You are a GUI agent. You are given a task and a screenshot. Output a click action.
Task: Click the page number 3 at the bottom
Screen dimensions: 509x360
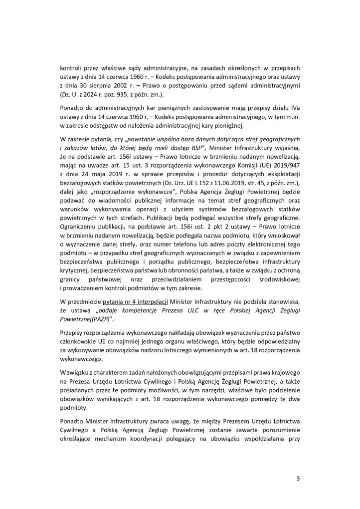pos(298,479)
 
